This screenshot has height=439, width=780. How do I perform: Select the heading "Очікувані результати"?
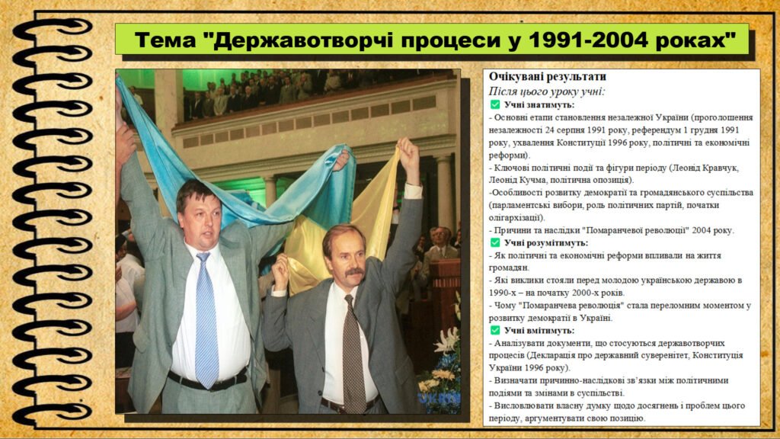pos(547,77)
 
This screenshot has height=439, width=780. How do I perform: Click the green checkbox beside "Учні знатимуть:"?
pos(495,104)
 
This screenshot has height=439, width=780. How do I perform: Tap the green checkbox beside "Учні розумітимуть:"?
pos(495,242)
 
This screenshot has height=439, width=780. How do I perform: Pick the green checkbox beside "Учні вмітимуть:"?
pos(495,330)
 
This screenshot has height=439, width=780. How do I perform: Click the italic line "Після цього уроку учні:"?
pos(546,91)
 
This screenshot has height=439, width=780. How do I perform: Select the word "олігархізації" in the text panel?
pos(516,217)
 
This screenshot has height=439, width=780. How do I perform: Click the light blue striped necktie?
pos(206,319)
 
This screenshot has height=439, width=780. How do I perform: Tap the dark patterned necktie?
pos(353,354)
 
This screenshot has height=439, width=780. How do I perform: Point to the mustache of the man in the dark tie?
pos(354,272)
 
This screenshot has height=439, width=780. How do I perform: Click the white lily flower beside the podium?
pos(446,342)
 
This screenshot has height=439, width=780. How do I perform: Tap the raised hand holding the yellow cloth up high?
pos(409,159)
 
